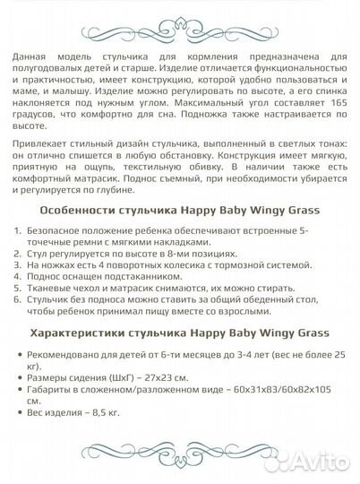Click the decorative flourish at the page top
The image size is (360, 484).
[179, 21]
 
